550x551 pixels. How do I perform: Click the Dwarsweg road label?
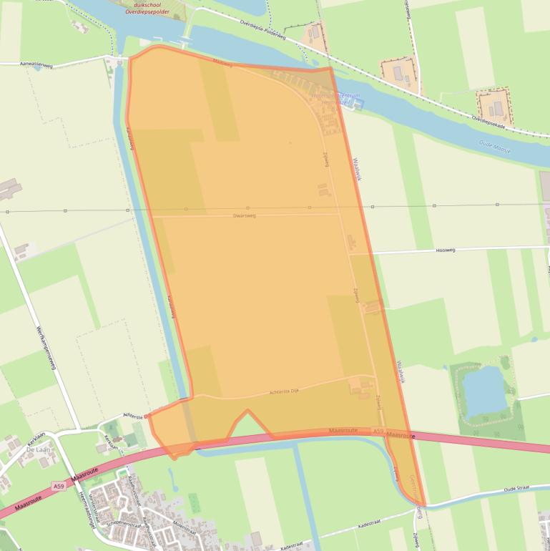pyautogui.click(x=244, y=215)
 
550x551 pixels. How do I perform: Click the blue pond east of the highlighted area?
pyautogui.click(x=485, y=391)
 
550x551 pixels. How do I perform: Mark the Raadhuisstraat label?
pyautogui.click(x=133, y=486)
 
